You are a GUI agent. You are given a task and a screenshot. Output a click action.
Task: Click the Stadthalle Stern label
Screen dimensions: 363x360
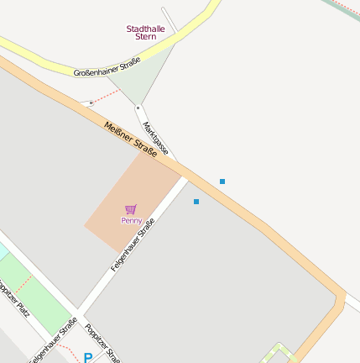pos(146,33)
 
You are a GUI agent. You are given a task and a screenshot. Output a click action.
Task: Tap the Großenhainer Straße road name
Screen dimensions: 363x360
pos(107,68)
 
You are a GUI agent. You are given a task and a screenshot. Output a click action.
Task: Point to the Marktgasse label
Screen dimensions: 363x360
pos(156,139)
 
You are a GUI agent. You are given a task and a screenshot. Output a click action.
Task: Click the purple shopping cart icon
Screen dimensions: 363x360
pos(130,208)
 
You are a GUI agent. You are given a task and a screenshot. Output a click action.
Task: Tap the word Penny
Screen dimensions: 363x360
pos(131,220)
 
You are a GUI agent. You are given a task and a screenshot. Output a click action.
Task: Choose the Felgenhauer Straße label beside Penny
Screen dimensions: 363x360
pos(133,245)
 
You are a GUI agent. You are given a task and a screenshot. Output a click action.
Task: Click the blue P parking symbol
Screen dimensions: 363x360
pos(87,358)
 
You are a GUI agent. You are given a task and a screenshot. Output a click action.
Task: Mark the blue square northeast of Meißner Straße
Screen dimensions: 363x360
pos(222,181)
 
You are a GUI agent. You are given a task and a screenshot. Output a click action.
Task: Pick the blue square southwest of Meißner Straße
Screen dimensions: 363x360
pos(196,202)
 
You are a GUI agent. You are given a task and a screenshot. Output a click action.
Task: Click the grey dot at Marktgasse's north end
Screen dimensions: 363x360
pos(138,108)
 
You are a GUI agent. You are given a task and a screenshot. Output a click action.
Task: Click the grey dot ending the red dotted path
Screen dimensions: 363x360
pos(91,103)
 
